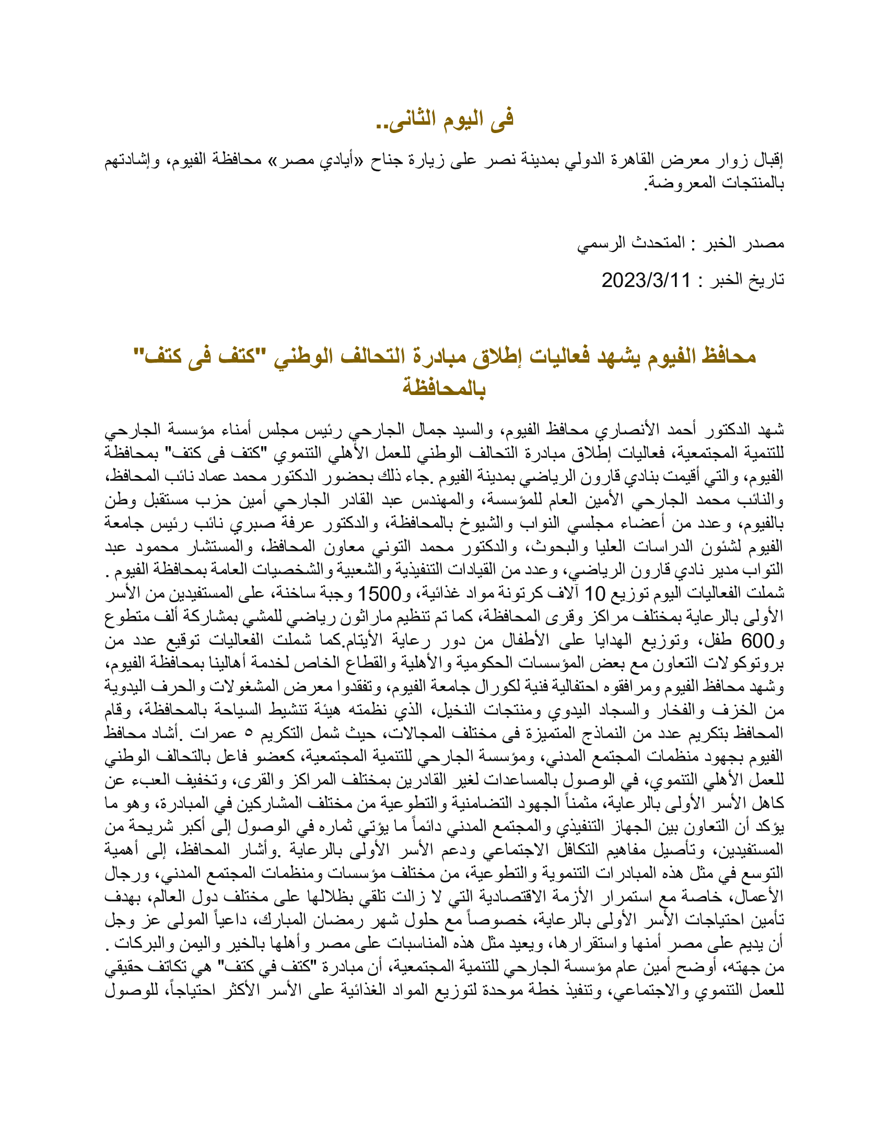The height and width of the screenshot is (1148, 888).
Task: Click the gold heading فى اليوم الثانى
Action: click(x=445, y=119)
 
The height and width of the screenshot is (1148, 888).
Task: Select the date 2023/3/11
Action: click(x=646, y=280)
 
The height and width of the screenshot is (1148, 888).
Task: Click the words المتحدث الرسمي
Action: click(x=631, y=243)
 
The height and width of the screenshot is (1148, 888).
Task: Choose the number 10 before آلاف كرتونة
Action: click(x=595, y=594)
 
